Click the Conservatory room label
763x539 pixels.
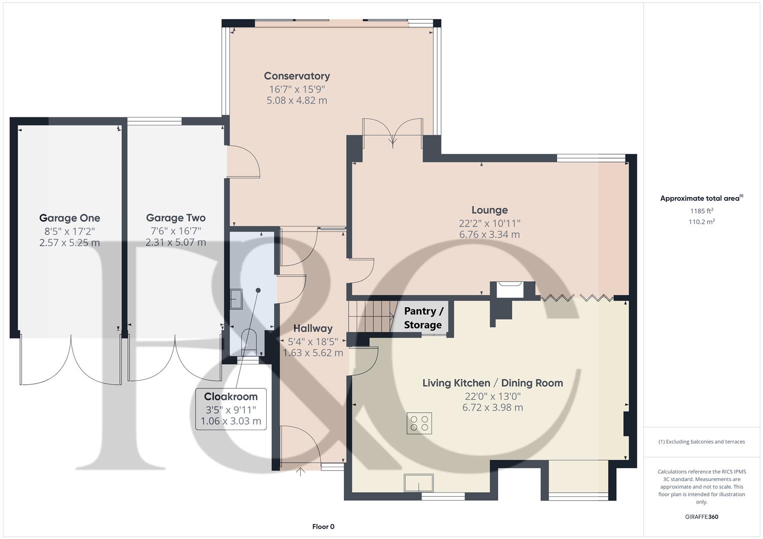click(297, 76)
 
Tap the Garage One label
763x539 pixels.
click(69, 218)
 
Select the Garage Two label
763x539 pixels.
click(175, 218)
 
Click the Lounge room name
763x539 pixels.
click(489, 210)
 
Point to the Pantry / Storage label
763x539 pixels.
click(423, 318)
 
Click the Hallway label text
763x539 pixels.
click(313, 328)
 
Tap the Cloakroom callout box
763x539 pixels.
click(231, 409)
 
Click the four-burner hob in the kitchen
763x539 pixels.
click(419, 423)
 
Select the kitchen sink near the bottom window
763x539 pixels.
click(419, 483)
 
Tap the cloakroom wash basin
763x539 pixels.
click(236, 299)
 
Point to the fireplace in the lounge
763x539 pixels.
click(510, 289)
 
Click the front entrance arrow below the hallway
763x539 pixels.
click(300, 472)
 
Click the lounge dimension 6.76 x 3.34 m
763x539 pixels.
click(489, 234)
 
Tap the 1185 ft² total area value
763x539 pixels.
click(702, 211)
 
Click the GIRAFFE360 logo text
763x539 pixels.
click(702, 517)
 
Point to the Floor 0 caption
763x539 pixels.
click(323, 527)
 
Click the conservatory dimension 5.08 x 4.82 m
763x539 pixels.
click(297, 100)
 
